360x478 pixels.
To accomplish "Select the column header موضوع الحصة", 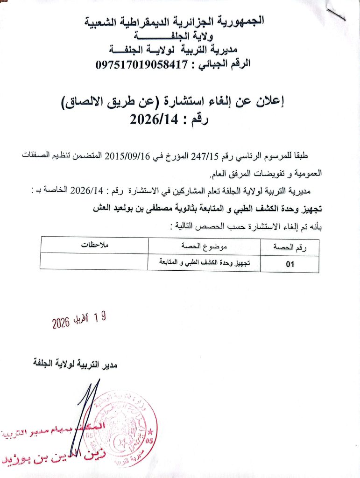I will pyautogui.click(x=204, y=246).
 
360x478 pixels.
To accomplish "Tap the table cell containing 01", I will pyautogui.click(x=289, y=264).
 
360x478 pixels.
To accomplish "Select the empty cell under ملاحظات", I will pyautogui.click(x=94, y=262).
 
